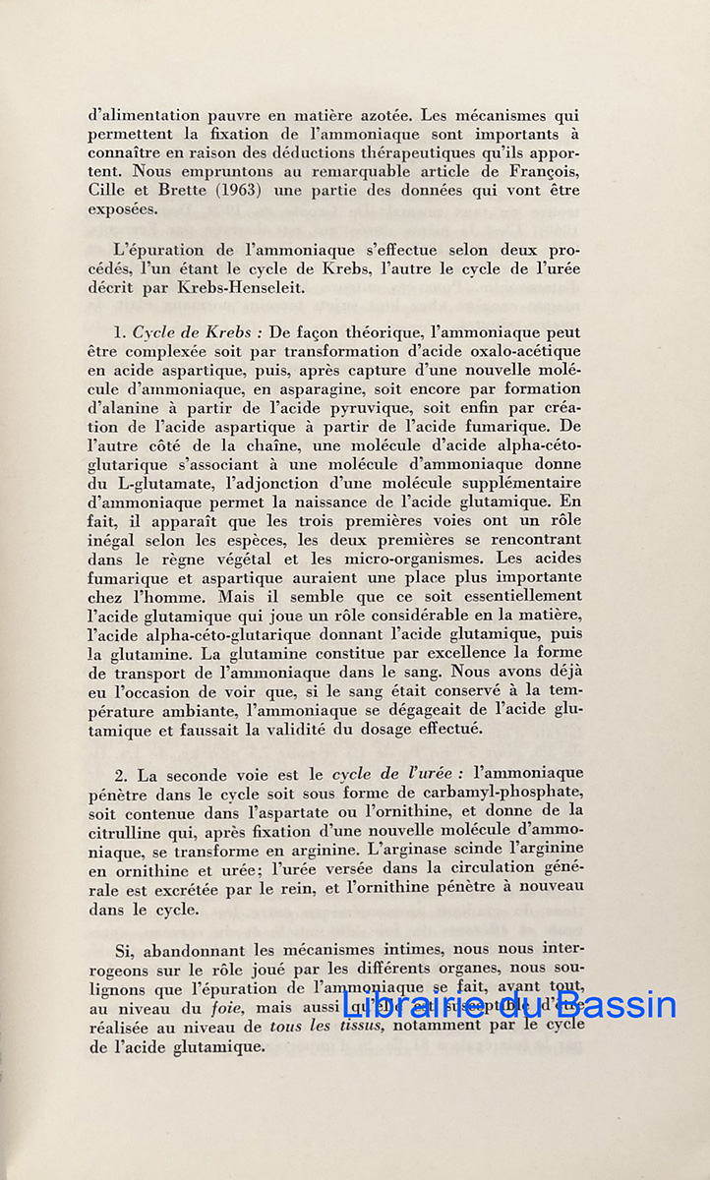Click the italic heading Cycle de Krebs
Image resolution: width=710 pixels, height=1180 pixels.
tap(192, 332)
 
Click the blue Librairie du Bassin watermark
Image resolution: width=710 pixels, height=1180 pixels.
tap(508, 1004)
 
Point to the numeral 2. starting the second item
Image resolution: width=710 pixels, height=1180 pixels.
tap(123, 773)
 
